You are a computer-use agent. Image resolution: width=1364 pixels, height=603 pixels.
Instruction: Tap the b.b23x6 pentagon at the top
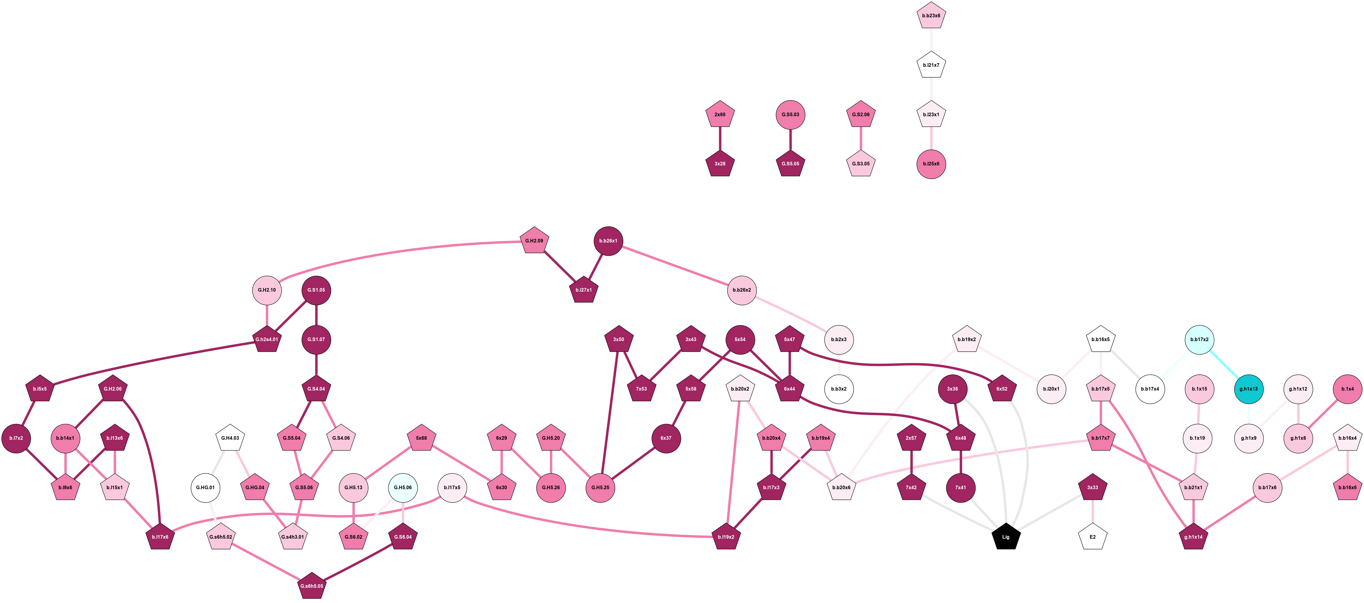coord(931,15)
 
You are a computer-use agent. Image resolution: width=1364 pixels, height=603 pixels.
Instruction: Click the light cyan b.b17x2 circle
coord(1199,339)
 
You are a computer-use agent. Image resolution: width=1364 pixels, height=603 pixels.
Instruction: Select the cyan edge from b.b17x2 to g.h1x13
coord(1224,364)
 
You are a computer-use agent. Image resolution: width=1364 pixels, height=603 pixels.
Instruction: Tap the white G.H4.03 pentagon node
coord(230,438)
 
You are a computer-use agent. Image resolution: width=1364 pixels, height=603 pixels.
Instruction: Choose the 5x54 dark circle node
coord(740,339)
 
